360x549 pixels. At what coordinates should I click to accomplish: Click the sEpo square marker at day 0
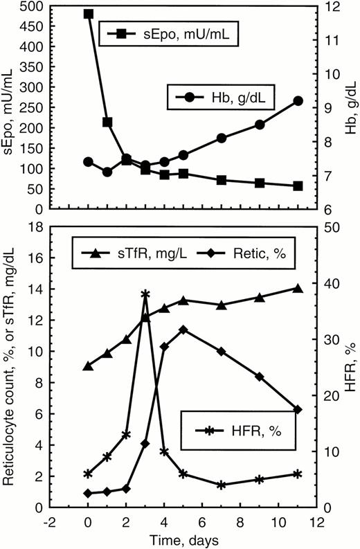click(x=88, y=14)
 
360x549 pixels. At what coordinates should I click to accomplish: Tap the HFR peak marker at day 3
click(x=145, y=294)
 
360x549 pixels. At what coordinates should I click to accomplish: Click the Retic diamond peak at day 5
click(x=183, y=330)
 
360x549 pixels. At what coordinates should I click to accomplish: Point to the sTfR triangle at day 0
click(x=88, y=366)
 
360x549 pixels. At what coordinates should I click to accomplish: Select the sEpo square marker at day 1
click(x=107, y=122)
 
